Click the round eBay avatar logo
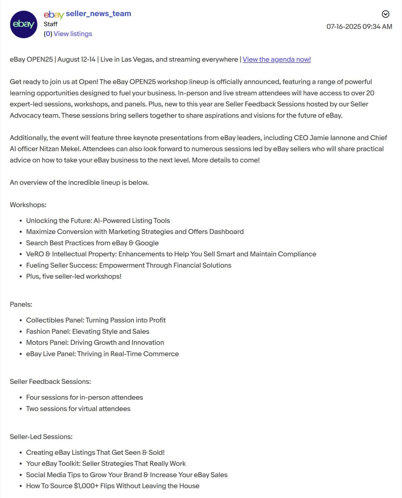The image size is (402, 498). click(x=24, y=24)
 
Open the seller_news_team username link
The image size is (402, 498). click(x=98, y=14)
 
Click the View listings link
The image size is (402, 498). click(x=73, y=34)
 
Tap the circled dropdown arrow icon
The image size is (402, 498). click(x=385, y=14)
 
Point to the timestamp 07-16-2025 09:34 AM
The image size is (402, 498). click(x=359, y=27)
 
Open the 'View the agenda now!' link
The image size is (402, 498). click(x=276, y=59)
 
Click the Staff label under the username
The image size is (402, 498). click(x=50, y=24)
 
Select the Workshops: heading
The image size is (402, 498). click(x=28, y=205)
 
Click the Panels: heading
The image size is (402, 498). click(x=21, y=304)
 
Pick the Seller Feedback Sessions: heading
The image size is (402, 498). click(x=50, y=381)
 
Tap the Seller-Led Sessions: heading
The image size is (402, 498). click(x=41, y=437)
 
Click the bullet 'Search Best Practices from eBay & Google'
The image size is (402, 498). click(x=92, y=243)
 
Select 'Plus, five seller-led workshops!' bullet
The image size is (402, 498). click(x=74, y=276)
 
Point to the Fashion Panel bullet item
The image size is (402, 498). click(x=87, y=331)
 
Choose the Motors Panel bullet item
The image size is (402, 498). click(x=95, y=342)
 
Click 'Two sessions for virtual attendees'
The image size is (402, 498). click(x=78, y=409)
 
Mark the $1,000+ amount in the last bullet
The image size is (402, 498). click(x=86, y=486)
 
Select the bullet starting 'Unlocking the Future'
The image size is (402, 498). click(x=98, y=221)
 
